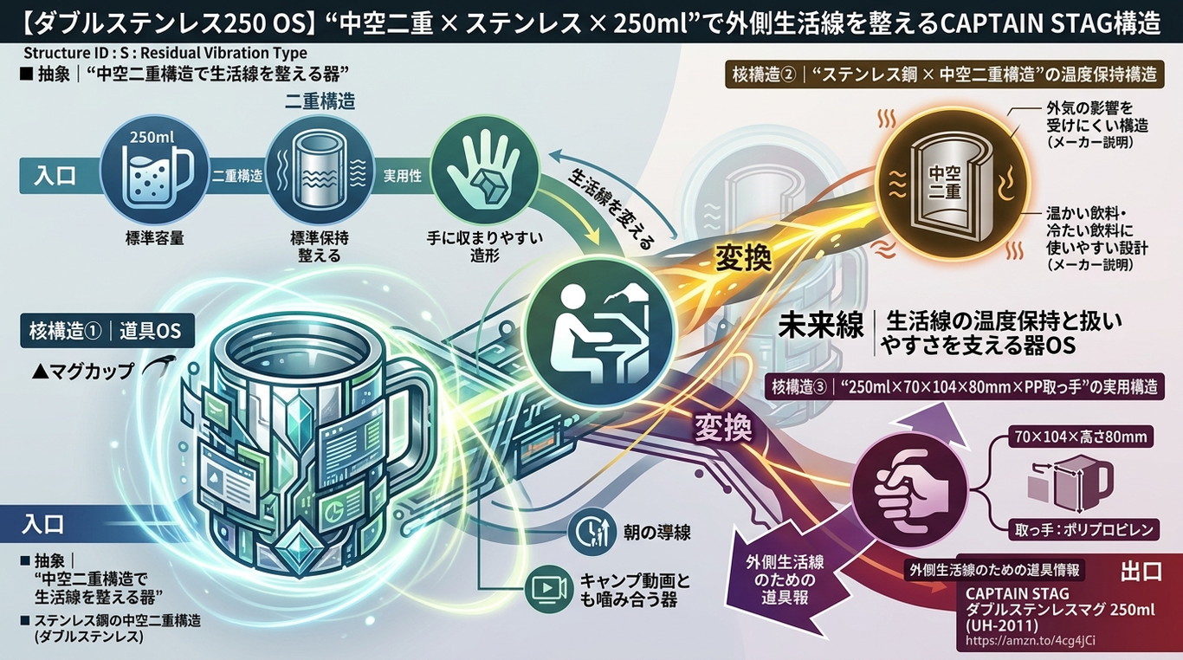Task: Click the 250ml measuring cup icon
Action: point(154,169)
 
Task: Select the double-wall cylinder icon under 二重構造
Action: point(320,169)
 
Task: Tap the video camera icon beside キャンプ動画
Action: point(549,589)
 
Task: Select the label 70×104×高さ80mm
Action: point(1080,437)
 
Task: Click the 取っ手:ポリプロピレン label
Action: point(1083,529)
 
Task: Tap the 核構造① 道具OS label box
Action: point(107,331)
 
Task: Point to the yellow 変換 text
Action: point(743,259)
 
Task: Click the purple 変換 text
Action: point(722,427)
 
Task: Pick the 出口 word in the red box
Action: point(1141,572)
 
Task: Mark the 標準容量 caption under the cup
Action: point(154,238)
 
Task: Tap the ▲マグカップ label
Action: point(83,372)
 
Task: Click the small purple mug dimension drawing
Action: point(1070,483)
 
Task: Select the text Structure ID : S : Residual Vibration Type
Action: point(165,54)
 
